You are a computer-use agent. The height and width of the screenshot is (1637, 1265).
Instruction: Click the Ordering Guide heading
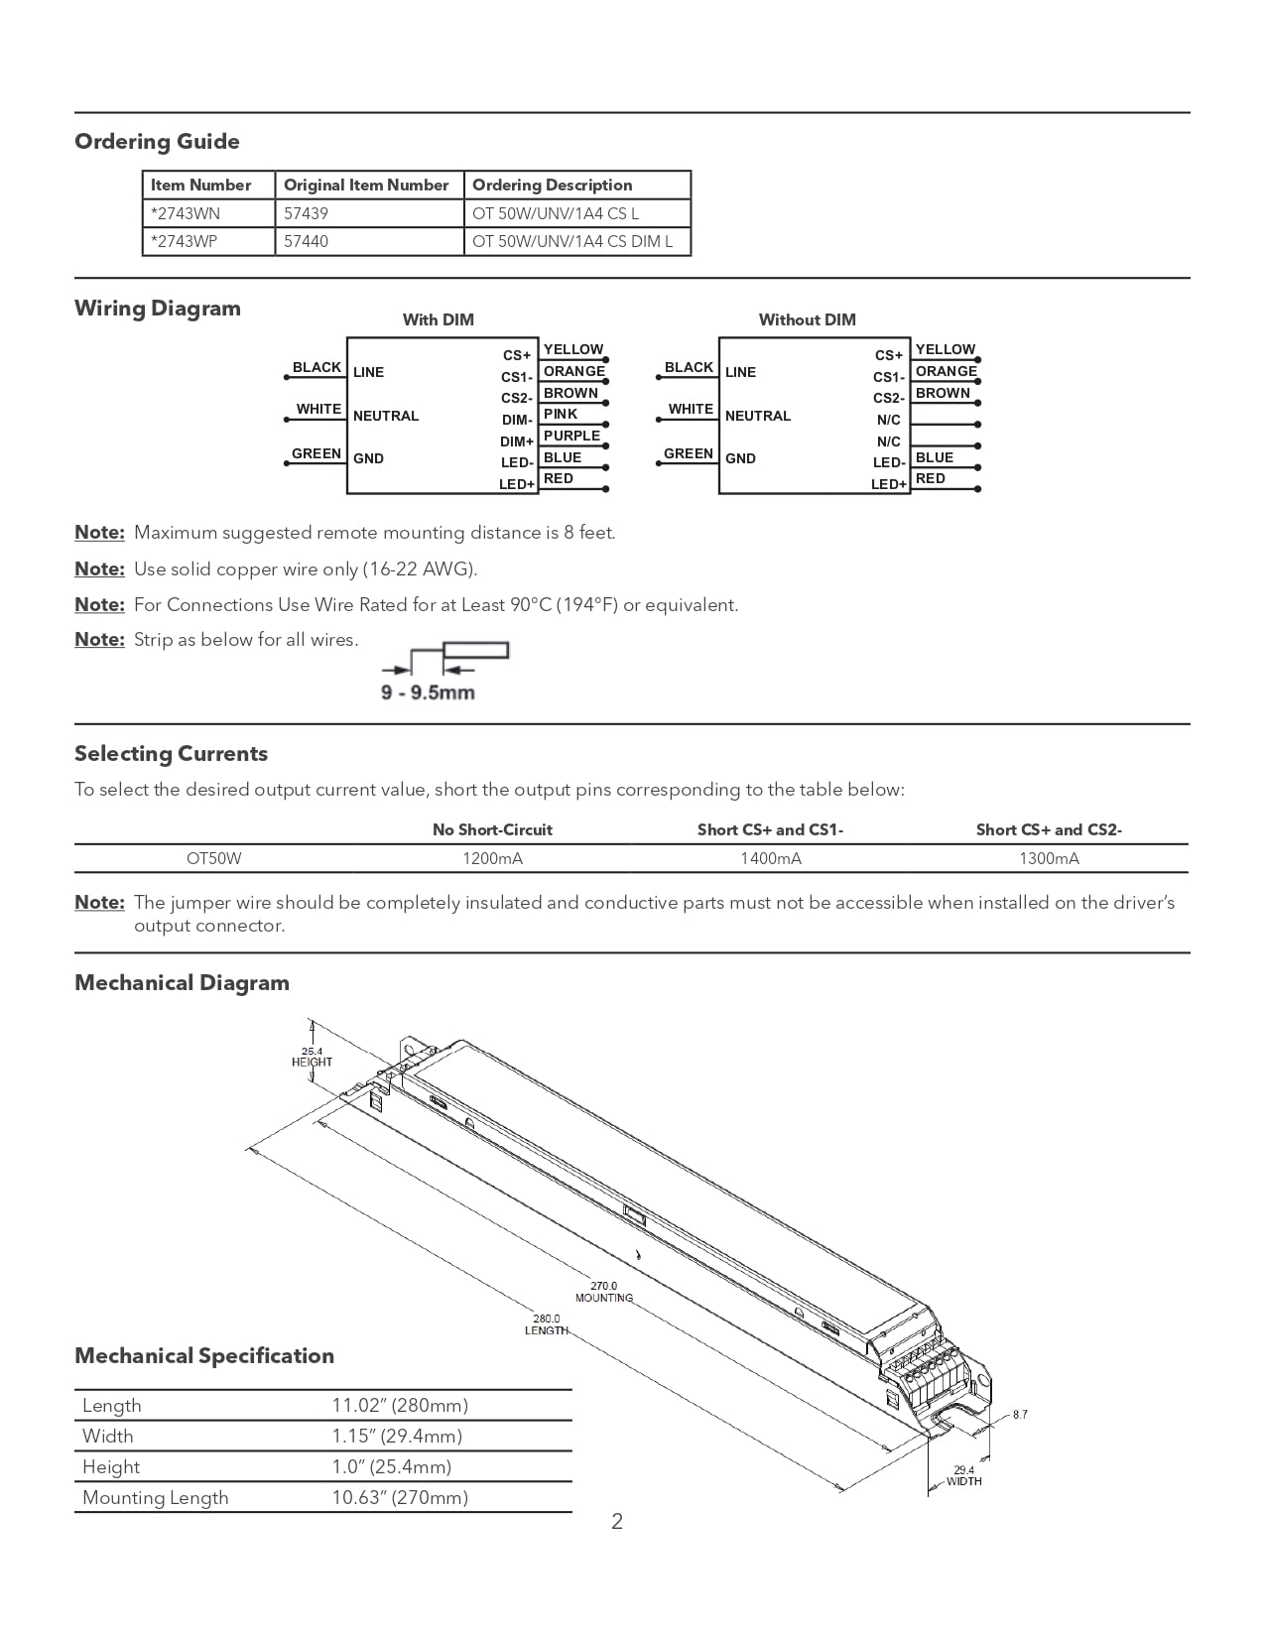157,142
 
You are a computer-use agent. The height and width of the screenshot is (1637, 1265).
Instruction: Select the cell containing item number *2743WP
185,241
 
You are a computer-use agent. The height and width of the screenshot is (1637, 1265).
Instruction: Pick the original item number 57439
306,213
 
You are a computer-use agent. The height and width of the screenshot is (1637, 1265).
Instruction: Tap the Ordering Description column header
552,185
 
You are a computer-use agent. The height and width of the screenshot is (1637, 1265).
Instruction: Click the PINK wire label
561,414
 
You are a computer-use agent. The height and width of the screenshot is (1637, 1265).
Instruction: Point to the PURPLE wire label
571,436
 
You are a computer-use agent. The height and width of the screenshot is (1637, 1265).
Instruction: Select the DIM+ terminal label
517,441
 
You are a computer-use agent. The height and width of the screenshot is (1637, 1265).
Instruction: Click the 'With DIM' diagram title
439,319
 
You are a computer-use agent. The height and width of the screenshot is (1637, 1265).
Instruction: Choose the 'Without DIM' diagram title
807,319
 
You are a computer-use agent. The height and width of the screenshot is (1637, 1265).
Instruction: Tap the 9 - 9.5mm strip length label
428,693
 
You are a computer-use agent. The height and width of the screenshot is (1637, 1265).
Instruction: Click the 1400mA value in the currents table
771,858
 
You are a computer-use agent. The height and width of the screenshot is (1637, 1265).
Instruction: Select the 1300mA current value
1049,858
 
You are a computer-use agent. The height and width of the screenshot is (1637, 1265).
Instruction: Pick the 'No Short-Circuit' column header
492,829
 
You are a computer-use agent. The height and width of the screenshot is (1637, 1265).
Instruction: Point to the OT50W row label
213,858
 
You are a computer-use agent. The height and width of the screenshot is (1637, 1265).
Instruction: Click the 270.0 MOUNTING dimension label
604,1292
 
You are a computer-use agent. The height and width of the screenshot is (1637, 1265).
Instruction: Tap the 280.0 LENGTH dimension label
547,1324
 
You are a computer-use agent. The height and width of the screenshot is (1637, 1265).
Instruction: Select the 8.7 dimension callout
1020,1415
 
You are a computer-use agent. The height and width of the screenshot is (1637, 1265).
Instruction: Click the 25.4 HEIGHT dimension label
312,1057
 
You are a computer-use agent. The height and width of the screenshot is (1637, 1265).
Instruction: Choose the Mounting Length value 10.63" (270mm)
400,1497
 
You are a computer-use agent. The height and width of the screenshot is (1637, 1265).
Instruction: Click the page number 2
617,1522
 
